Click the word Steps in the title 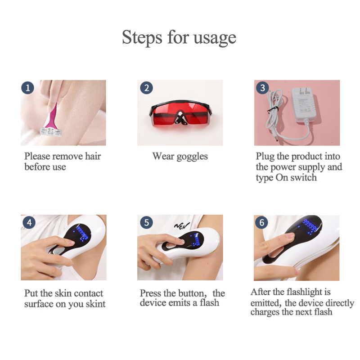pos(142,38)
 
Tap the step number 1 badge pos(28,88)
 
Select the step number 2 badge pos(147,88)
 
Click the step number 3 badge pos(263,88)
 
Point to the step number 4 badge pos(29,222)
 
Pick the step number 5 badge pos(147,222)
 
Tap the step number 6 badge pos(262,222)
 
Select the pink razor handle pos(52,115)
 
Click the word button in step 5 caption pos(191,293)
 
